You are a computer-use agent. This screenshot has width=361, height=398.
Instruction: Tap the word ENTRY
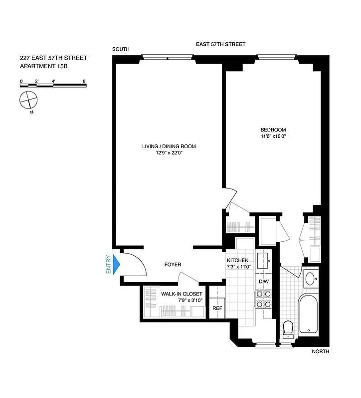coord(108,264)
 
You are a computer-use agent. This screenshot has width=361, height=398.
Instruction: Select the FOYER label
coord(173,265)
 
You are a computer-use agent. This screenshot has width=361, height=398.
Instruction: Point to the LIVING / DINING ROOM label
coord(169,146)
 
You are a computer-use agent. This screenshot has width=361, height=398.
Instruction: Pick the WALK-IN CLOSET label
coord(181,294)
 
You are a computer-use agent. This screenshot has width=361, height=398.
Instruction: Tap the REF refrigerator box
coord(217,308)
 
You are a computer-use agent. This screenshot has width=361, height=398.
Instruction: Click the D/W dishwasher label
coord(263,282)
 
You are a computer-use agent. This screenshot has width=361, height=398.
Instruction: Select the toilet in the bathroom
coord(288,328)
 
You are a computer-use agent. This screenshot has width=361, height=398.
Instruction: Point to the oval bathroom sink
coord(310,279)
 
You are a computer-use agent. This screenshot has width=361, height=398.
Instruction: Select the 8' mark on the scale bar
coord(85,80)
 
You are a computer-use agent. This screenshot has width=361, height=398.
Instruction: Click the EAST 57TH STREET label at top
coord(220,44)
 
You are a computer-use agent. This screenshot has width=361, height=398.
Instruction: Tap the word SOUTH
coord(121,49)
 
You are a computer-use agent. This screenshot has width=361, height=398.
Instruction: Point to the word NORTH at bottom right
coord(321,351)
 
